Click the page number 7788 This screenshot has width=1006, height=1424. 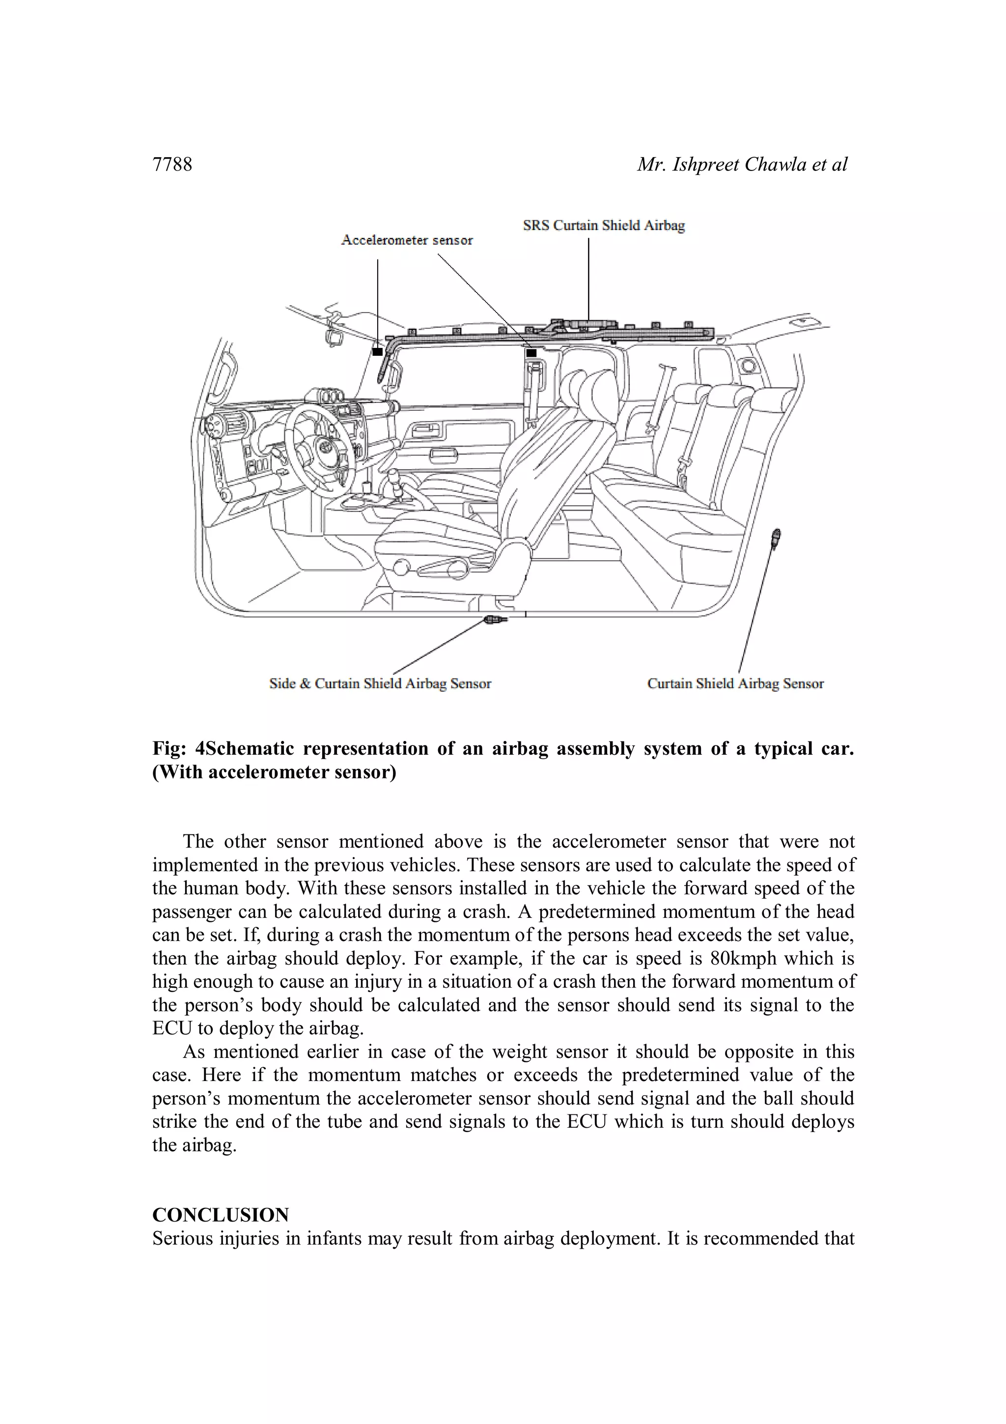coord(172,164)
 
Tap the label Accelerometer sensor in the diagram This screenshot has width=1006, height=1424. coord(407,240)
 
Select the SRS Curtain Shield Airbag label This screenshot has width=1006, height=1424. coord(603,226)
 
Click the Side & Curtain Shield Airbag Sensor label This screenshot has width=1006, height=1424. coord(380,684)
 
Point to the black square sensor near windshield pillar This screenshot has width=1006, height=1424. coord(377,352)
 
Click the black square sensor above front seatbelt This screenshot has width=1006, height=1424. coord(531,353)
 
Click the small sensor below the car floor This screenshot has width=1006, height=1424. coord(496,619)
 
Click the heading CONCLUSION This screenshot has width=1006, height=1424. coord(221,1214)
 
